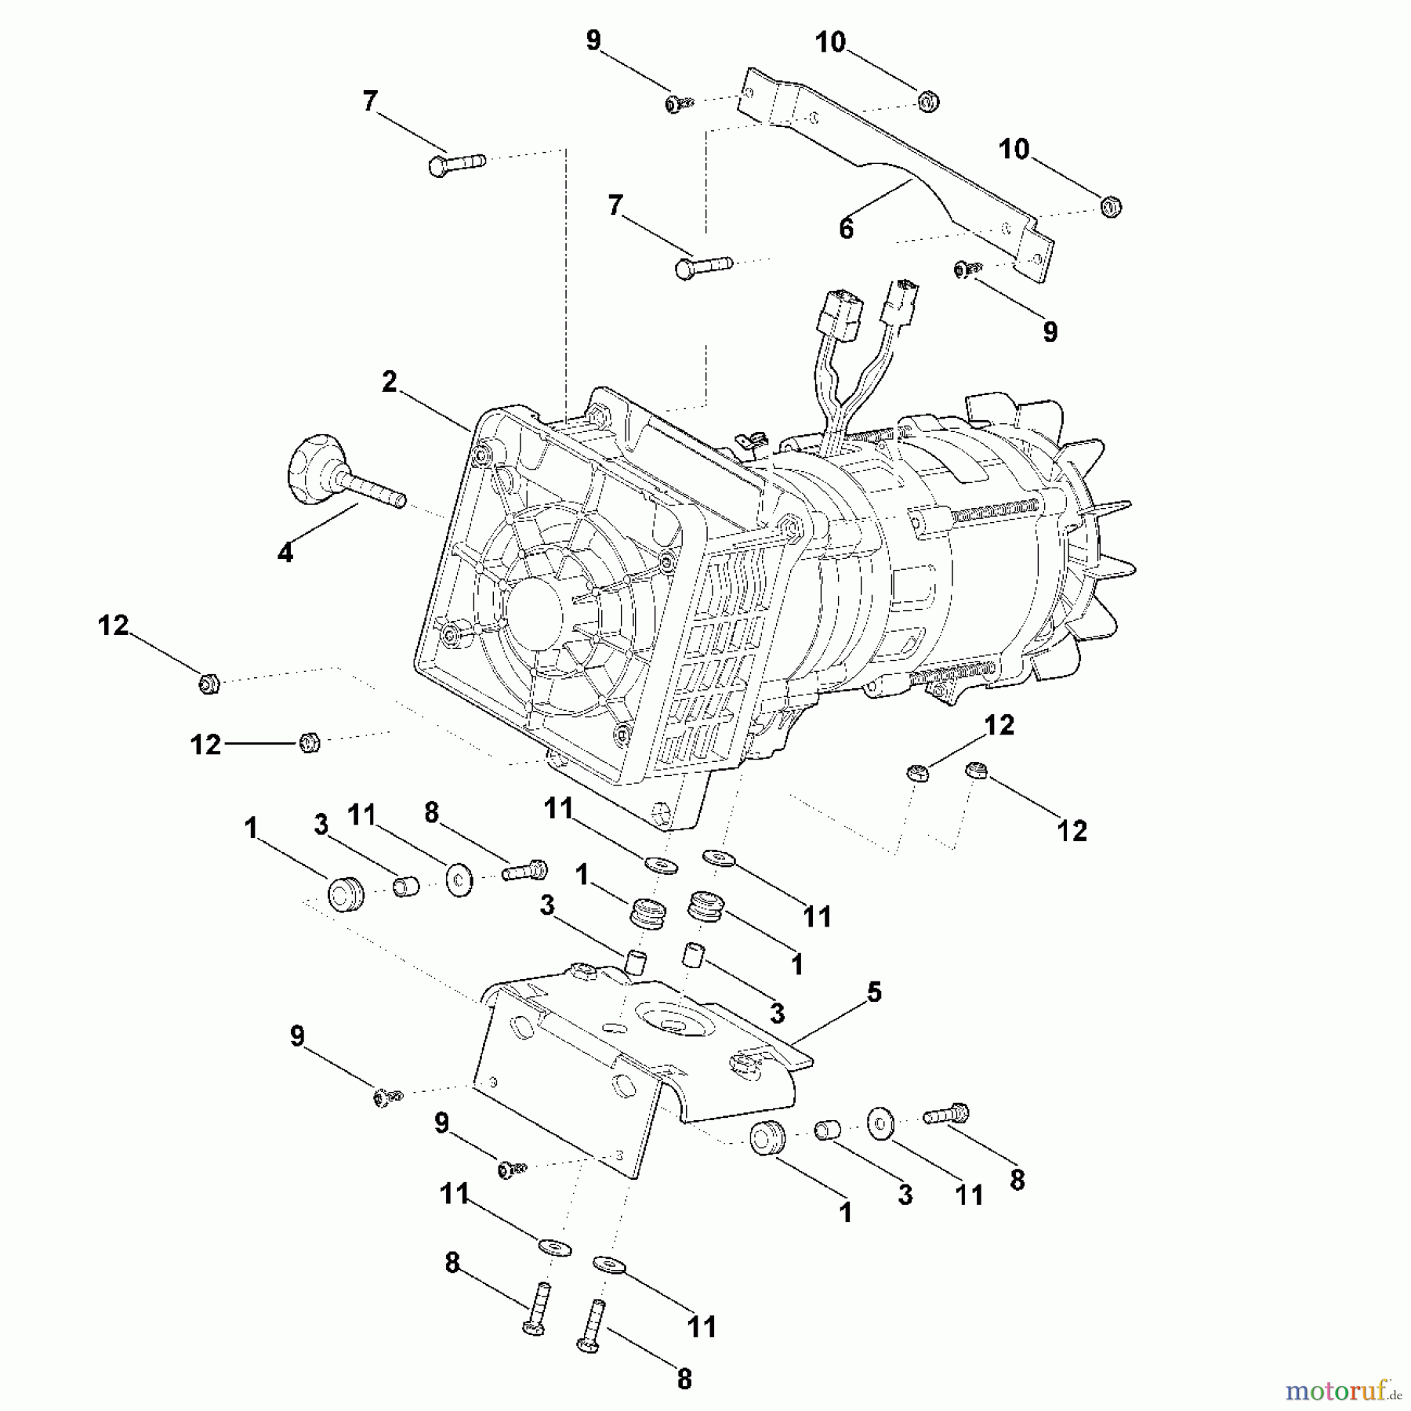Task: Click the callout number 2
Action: (390, 382)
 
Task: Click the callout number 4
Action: (285, 553)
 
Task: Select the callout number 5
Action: (874, 992)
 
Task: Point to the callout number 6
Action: (846, 229)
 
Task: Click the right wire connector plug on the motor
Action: (902, 299)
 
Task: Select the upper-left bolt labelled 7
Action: (457, 165)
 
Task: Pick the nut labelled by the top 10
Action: (927, 102)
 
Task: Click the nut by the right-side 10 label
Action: (1111, 207)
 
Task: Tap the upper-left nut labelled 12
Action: (209, 684)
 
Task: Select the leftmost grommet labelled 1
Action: (345, 894)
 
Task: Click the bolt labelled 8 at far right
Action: (947, 1114)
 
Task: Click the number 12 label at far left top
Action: (113, 625)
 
